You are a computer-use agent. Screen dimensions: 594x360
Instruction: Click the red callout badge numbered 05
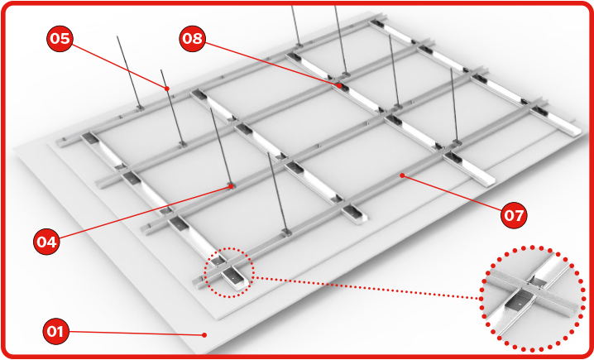tap(60, 38)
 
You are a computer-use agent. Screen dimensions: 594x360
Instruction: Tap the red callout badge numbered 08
tap(193, 38)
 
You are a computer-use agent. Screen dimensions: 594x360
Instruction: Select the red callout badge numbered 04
tap(46, 242)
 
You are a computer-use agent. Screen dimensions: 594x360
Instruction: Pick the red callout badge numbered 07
tap(514, 215)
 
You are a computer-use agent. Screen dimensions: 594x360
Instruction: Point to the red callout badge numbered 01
tap(55, 331)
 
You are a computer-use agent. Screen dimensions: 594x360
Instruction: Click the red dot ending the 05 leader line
tap(166, 89)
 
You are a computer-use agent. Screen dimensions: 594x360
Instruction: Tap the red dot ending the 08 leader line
tap(340, 86)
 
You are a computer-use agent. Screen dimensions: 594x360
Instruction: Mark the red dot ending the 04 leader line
tap(230, 186)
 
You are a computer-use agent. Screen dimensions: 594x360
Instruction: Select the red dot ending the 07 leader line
tap(402, 175)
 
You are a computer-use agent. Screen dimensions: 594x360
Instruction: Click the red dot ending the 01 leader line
tap(204, 334)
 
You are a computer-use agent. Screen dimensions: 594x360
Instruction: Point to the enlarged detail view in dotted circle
tap(532, 299)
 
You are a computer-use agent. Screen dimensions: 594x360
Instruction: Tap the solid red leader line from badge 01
tap(137, 333)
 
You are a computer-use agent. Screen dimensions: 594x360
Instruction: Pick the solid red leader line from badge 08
tap(272, 64)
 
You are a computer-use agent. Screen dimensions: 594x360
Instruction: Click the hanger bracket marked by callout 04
tap(231, 186)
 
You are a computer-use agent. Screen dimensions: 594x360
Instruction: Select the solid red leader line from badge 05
tap(119, 66)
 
